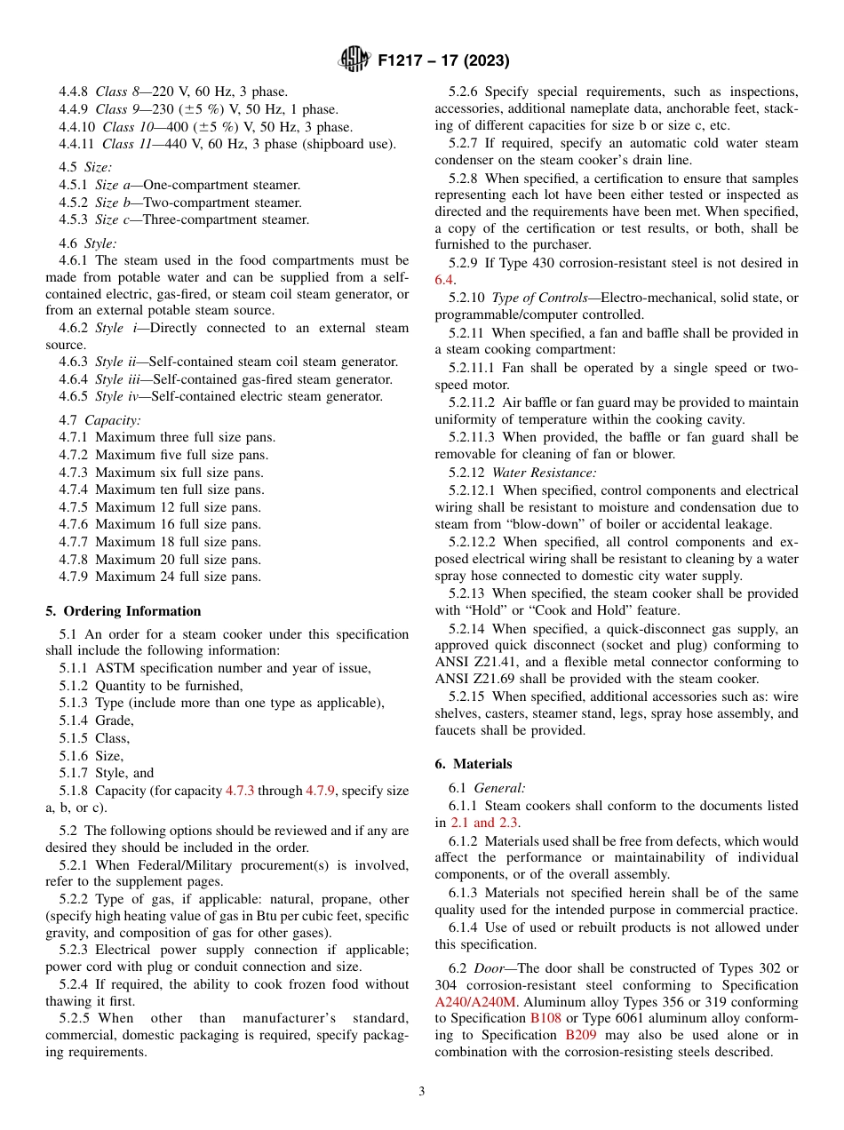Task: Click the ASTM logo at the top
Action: coord(354,60)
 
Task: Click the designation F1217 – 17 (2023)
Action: coord(443,61)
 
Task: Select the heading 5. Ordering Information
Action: coord(123,611)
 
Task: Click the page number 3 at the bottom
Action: coord(422,1092)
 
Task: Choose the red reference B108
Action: coord(545,1018)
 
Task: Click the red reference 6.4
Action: coord(444,280)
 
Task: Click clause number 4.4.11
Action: coord(77,144)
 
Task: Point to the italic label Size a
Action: coord(115,185)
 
